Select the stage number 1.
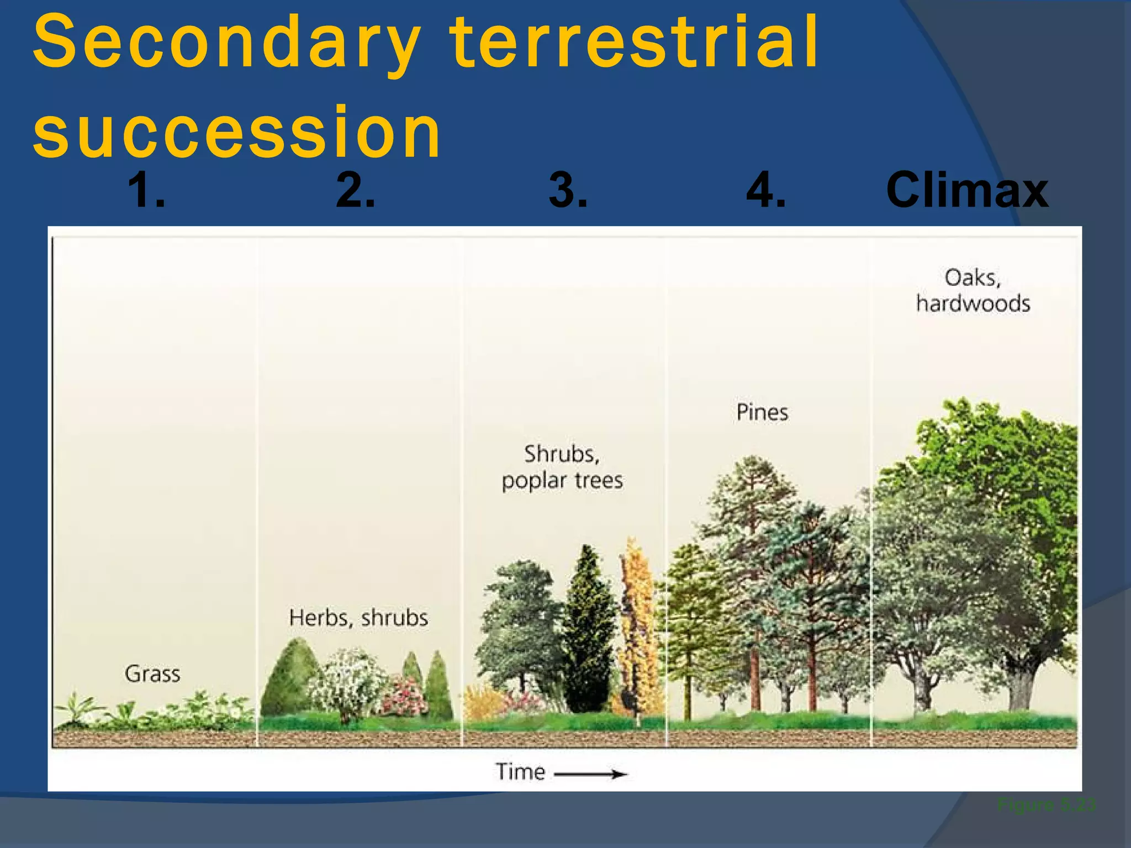pyautogui.click(x=146, y=190)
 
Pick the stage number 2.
pyautogui.click(x=355, y=190)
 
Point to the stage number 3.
pyautogui.click(x=568, y=190)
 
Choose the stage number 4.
pyautogui.click(x=765, y=190)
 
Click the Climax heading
pyautogui.click(x=966, y=190)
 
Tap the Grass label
pyautogui.click(x=152, y=674)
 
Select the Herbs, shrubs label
pyautogui.click(x=358, y=618)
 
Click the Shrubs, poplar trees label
pyautogui.click(x=562, y=467)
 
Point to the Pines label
pyautogui.click(x=762, y=412)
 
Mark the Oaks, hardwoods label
pyautogui.click(x=973, y=290)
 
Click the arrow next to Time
pyautogui.click(x=591, y=774)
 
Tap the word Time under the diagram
pyautogui.click(x=520, y=772)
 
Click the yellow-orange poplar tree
pyautogui.click(x=638, y=624)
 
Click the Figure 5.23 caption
pyautogui.click(x=1046, y=805)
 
